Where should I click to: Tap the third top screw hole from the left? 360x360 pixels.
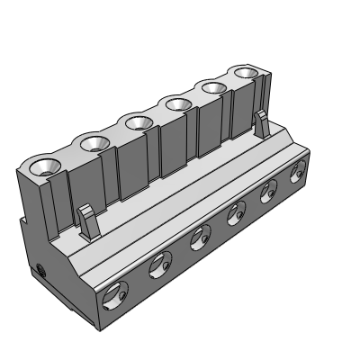(138, 121)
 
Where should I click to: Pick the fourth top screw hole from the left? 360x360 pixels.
(176, 104)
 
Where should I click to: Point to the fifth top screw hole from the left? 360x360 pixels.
(212, 88)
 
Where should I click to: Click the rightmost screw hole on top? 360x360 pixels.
(245, 73)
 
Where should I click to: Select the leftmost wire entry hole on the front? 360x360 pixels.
(115, 292)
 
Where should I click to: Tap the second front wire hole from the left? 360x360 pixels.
(161, 263)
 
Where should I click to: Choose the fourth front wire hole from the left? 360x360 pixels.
(237, 214)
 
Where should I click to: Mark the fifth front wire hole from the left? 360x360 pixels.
(268, 193)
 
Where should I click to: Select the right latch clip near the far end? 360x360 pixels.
(260, 123)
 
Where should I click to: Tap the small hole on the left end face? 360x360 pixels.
(41, 269)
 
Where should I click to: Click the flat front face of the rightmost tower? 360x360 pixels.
(244, 108)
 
